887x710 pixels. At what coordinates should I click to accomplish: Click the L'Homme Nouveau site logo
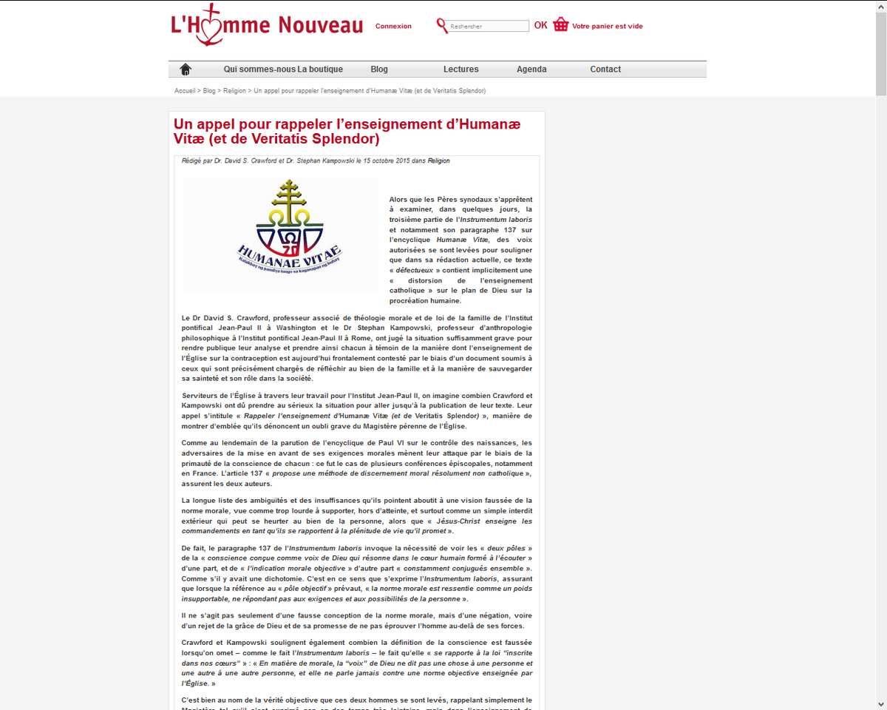[266, 26]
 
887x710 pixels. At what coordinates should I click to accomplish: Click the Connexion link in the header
[393, 27]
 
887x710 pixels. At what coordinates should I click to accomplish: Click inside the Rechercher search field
[488, 27]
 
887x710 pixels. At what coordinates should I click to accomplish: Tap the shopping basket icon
[561, 25]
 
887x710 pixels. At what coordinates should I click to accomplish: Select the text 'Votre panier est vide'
[608, 27]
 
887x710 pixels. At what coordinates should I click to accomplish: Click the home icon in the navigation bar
[186, 70]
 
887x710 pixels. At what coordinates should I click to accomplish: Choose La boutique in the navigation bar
[321, 70]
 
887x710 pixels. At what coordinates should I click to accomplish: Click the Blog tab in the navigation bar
[379, 70]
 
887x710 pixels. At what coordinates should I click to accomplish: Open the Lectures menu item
[461, 70]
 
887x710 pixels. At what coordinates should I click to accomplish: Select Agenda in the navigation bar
[531, 70]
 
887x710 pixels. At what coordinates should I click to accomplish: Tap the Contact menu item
[605, 70]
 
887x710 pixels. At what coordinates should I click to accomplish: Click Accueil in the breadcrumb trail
[185, 91]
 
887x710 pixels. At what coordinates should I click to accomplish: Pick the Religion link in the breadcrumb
[234, 91]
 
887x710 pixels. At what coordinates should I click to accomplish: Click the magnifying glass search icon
[442, 27]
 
